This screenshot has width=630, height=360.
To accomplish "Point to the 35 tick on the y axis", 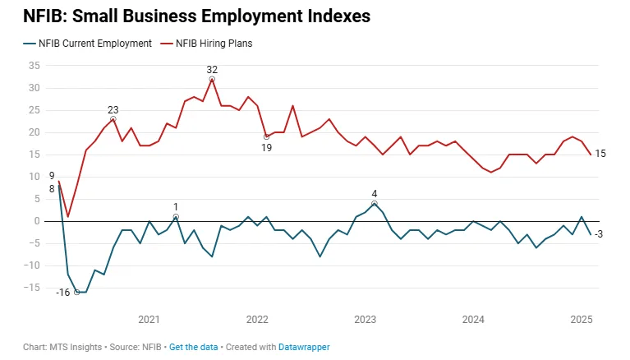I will pyautogui.click(x=34, y=66).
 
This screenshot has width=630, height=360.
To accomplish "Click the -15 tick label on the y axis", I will pyautogui.click(x=32, y=288).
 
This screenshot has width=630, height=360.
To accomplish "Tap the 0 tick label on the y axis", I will pyautogui.click(x=37, y=221).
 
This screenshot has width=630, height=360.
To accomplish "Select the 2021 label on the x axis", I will pyautogui.click(x=149, y=319).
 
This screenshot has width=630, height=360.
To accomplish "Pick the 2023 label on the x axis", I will pyautogui.click(x=365, y=319).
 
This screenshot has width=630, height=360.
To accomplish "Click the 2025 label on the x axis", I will pyautogui.click(x=581, y=319).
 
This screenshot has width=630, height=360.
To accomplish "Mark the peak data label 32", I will pyautogui.click(x=212, y=69).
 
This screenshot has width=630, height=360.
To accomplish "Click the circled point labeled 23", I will pyautogui.click(x=113, y=119).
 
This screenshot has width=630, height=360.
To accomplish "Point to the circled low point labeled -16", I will pyautogui.click(x=77, y=292).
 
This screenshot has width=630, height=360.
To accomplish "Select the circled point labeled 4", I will pyautogui.click(x=374, y=203).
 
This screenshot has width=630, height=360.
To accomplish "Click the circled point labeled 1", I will pyautogui.click(x=176, y=217).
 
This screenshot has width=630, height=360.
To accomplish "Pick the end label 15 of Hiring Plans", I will pyautogui.click(x=600, y=155).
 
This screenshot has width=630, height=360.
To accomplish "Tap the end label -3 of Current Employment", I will pyautogui.click(x=600, y=234).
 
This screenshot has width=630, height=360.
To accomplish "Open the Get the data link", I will pyautogui.click(x=194, y=348).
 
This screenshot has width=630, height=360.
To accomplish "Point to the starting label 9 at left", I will pyautogui.click(x=52, y=176).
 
